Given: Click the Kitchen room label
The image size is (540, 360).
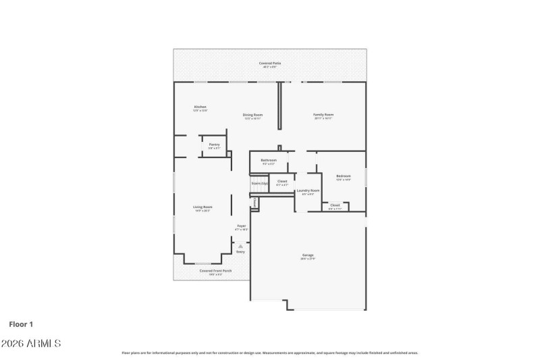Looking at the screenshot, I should click(x=200, y=107).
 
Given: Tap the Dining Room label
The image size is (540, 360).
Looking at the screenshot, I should click(x=252, y=115).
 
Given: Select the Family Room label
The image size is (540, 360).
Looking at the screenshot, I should click(x=323, y=115).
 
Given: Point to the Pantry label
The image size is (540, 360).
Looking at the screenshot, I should click(x=214, y=145).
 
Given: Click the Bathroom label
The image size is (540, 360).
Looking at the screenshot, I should click(x=269, y=160).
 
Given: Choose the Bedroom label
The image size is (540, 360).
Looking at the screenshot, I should click(x=344, y=176).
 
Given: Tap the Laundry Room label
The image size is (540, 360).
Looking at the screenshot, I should click(x=308, y=191).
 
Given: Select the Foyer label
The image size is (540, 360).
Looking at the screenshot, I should click(x=241, y=226).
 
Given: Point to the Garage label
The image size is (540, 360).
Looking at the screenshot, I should click(x=308, y=255).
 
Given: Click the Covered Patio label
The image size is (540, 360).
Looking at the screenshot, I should click(x=270, y=63).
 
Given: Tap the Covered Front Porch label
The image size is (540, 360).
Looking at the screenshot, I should click(x=215, y=271).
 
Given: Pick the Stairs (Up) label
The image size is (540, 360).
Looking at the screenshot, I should click(x=259, y=183).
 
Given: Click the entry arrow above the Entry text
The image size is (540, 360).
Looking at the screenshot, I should click(x=240, y=246).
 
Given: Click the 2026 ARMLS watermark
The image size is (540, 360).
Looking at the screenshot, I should click(x=31, y=344).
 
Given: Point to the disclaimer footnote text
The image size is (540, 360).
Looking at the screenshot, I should click(x=270, y=353).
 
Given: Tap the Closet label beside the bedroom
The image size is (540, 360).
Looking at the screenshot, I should click(x=335, y=205).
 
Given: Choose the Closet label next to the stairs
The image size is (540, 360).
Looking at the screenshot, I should click(x=282, y=181).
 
